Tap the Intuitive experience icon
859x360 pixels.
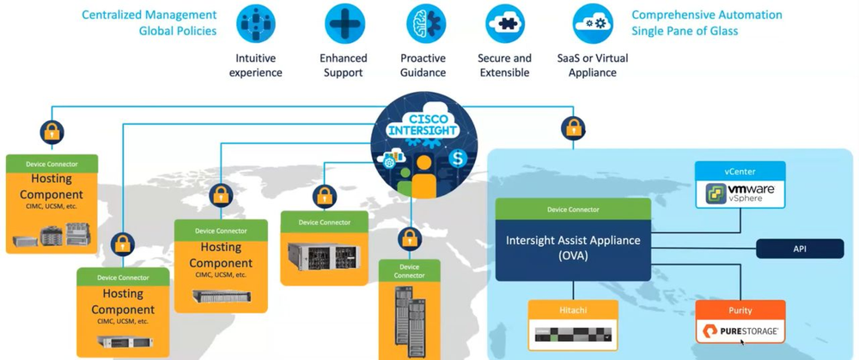click(256, 24)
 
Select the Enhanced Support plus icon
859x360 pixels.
click(344, 24)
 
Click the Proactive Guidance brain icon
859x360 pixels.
click(424, 24)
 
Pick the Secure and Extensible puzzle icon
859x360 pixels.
click(504, 24)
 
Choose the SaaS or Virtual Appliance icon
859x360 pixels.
click(592, 24)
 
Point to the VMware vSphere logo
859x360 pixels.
click(740, 193)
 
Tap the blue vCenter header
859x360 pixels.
click(740, 172)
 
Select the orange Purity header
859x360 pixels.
click(740, 309)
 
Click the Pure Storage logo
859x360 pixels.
click(740, 331)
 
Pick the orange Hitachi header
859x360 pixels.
click(573, 310)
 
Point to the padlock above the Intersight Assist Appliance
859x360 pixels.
click(573, 129)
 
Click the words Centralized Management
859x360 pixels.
click(149, 15)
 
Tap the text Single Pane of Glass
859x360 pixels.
click(685, 31)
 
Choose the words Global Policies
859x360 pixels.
click(177, 31)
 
